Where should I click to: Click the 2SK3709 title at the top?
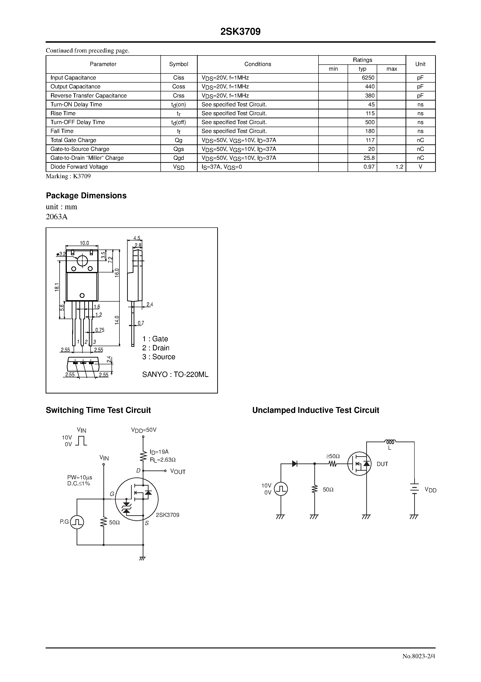click(240, 32)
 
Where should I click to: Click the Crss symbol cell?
click(179, 96)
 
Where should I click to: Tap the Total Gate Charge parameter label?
click(73, 140)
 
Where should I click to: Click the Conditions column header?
click(257, 64)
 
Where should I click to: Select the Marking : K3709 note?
click(68, 176)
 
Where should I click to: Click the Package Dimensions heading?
click(86, 195)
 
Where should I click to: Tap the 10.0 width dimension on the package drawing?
click(84, 243)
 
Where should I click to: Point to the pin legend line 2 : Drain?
click(156, 348)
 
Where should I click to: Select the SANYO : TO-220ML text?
click(175, 375)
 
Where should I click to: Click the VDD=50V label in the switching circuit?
click(144, 430)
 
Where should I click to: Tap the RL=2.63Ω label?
click(163, 460)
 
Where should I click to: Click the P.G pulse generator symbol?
click(77, 522)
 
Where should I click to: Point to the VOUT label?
click(178, 472)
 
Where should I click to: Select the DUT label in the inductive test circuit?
click(382, 464)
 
